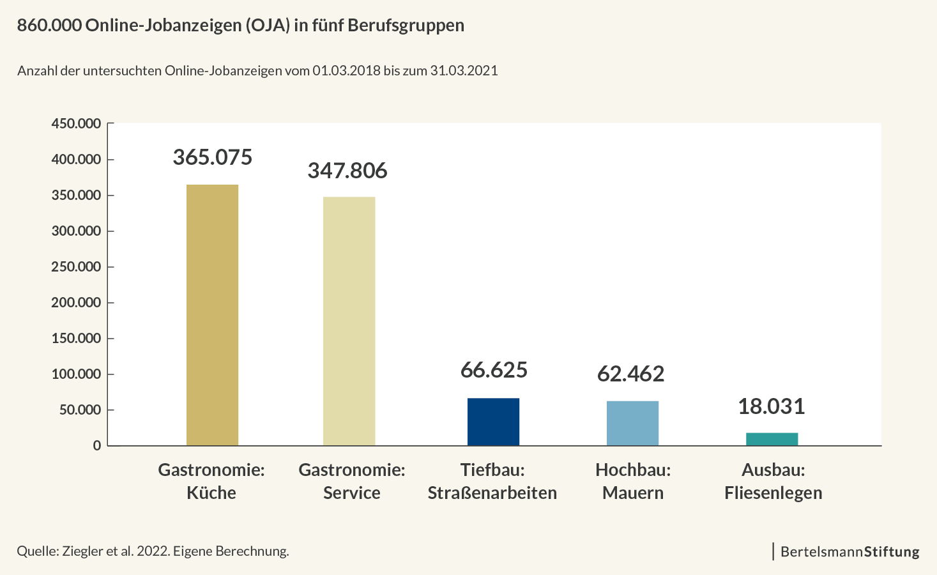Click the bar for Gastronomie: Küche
212,315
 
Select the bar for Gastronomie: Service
349,321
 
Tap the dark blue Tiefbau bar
493,422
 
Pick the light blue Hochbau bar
632,423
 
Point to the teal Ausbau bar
772,439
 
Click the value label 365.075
213,157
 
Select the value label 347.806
347,171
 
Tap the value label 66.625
494,370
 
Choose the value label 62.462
630,374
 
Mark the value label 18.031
771,406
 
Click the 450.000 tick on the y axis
76,123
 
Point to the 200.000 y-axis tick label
76,302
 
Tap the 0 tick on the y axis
97,446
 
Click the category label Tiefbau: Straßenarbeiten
492,481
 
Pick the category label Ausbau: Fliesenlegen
773,481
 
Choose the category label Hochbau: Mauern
633,481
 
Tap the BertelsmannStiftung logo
849,551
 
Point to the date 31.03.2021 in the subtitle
464,70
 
